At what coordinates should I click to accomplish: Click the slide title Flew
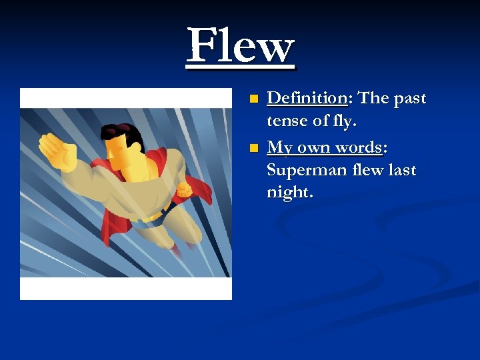(x=241, y=47)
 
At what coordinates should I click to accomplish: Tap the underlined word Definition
(x=307, y=98)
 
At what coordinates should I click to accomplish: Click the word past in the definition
(x=409, y=98)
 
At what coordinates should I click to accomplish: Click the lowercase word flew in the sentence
(x=367, y=170)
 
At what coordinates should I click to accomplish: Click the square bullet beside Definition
(x=253, y=99)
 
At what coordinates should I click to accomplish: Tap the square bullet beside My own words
(x=253, y=147)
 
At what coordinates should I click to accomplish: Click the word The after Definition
(x=374, y=98)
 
